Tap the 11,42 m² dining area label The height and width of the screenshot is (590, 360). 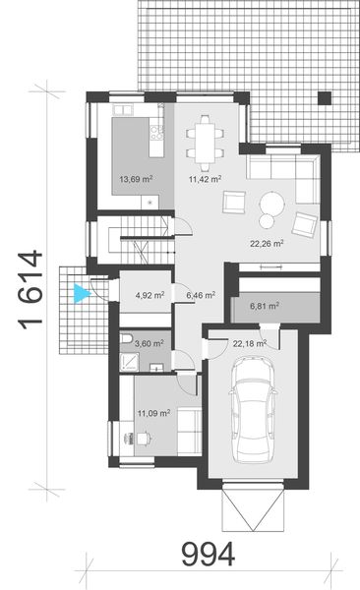coord(204,179)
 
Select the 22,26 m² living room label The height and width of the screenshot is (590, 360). coord(267,243)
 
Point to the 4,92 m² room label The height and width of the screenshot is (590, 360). coord(147,293)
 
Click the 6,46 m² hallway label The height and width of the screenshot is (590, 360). coord(201,293)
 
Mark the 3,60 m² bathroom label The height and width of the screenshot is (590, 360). coord(146,343)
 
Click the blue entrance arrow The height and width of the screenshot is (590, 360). coord(83,290)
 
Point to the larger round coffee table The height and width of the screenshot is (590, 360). coord(271,203)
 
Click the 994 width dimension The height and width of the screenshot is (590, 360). coord(208,556)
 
